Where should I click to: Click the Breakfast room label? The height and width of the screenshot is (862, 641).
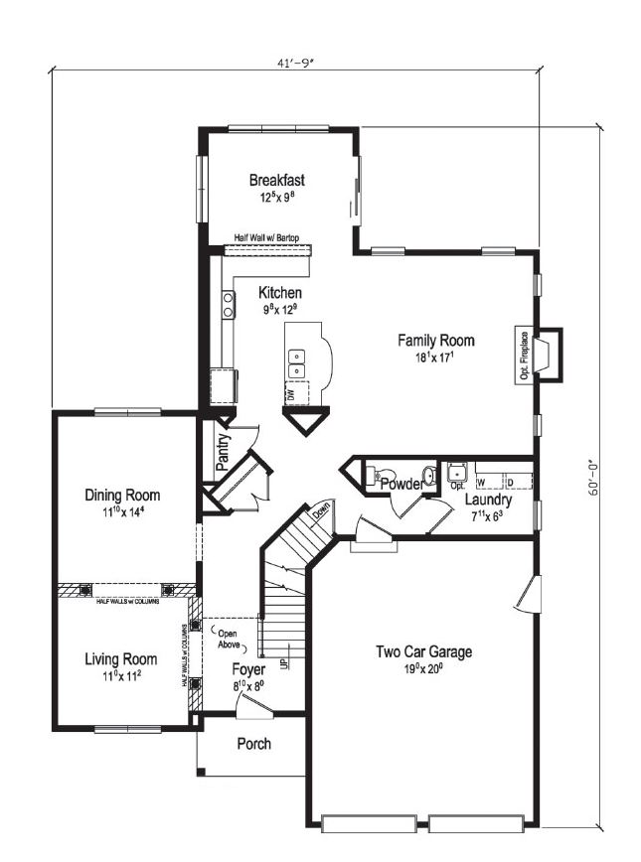click(x=276, y=181)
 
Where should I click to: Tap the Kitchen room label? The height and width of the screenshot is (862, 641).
click(x=280, y=294)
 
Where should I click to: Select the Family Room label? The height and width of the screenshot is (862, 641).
click(x=436, y=341)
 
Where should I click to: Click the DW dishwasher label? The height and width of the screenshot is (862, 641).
click(x=291, y=395)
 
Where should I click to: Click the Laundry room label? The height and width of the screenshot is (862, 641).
click(x=488, y=501)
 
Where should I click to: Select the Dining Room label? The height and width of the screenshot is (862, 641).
click(x=122, y=496)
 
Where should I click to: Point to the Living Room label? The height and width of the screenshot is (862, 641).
click(x=120, y=659)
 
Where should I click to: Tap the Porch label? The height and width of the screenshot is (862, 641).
click(x=253, y=744)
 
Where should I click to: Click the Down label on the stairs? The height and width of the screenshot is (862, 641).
click(x=321, y=513)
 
